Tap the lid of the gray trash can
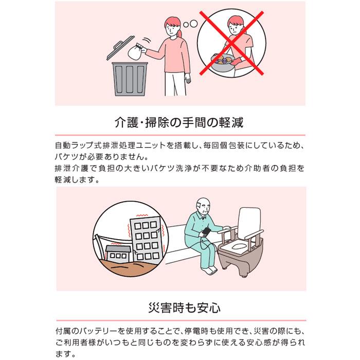pos(120,48)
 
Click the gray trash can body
pos(130,79)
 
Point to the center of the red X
pos(231,43)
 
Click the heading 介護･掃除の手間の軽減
pos(179,122)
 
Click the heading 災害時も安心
pos(184,308)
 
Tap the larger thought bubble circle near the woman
pos(194,23)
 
